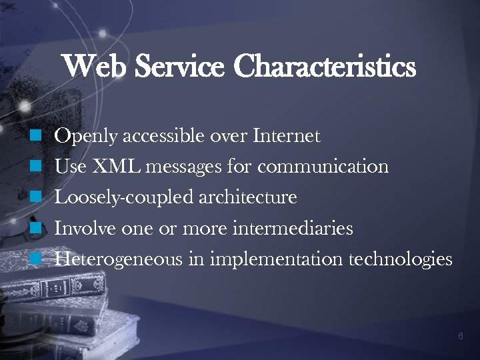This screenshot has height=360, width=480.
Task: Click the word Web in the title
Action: click(x=93, y=67)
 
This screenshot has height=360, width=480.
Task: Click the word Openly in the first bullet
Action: click(x=86, y=137)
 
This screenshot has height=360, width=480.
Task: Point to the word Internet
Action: click(x=287, y=137)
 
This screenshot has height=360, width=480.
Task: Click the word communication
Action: click(x=323, y=166)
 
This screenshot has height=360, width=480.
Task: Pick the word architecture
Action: click(x=247, y=197)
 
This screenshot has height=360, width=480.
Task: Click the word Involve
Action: click(x=85, y=228)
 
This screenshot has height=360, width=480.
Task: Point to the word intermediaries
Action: click(x=293, y=228)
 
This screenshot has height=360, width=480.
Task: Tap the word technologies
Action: click(x=401, y=259)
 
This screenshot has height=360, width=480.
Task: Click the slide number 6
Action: click(x=461, y=337)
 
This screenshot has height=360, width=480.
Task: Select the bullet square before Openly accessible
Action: click(x=37, y=137)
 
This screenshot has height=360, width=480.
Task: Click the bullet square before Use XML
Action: click(x=37, y=166)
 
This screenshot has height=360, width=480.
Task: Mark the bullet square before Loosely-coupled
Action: click(x=37, y=197)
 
